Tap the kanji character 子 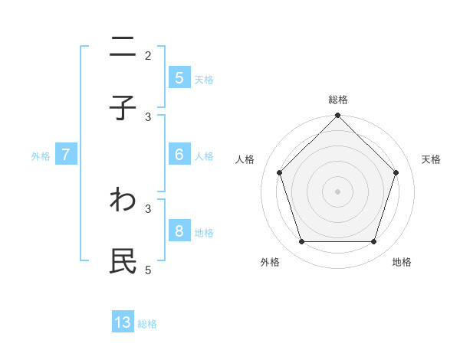tap(123, 108)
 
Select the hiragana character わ tap(123, 201)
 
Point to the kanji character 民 tap(123, 261)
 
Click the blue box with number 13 tap(123, 322)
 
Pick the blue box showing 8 tap(179, 231)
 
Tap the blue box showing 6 tap(179, 154)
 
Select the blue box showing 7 tap(66, 155)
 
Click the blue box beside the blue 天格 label tap(179, 77)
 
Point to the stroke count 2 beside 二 tap(148, 55)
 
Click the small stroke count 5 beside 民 tap(148, 270)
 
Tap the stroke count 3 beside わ tap(148, 208)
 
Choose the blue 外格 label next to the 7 tap(41, 155)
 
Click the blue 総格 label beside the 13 tap(147, 324)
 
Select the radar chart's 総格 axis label tap(337, 100)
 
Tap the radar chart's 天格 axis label tap(432, 159)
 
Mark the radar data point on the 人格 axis tap(279, 172)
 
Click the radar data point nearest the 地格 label tap(373, 241)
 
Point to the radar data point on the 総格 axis tap(337, 116)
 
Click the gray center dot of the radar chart tap(337, 191)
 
